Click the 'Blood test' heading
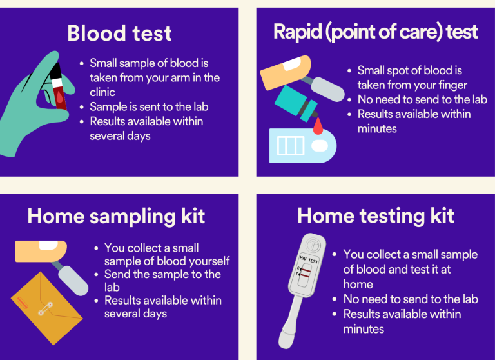pyautogui.click(x=119, y=33)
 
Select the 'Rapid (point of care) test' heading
pyautogui.click(x=376, y=31)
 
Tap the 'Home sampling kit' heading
pyautogui.click(x=116, y=215)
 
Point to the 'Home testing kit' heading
pyautogui.click(x=376, y=215)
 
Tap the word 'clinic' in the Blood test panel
pyautogui.click(x=102, y=92)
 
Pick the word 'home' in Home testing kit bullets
pyautogui.click(x=358, y=284)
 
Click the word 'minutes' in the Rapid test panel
pyautogui.click(x=378, y=128)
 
